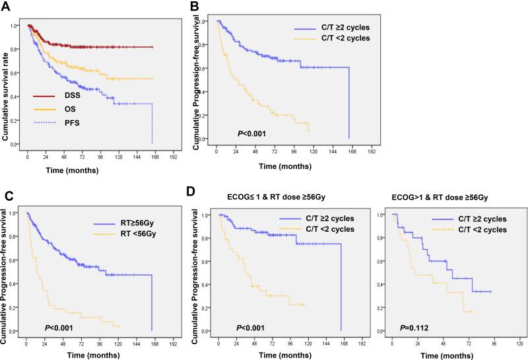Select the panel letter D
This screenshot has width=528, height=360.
tap(194, 196)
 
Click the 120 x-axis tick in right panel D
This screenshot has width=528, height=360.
tap(519, 343)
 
